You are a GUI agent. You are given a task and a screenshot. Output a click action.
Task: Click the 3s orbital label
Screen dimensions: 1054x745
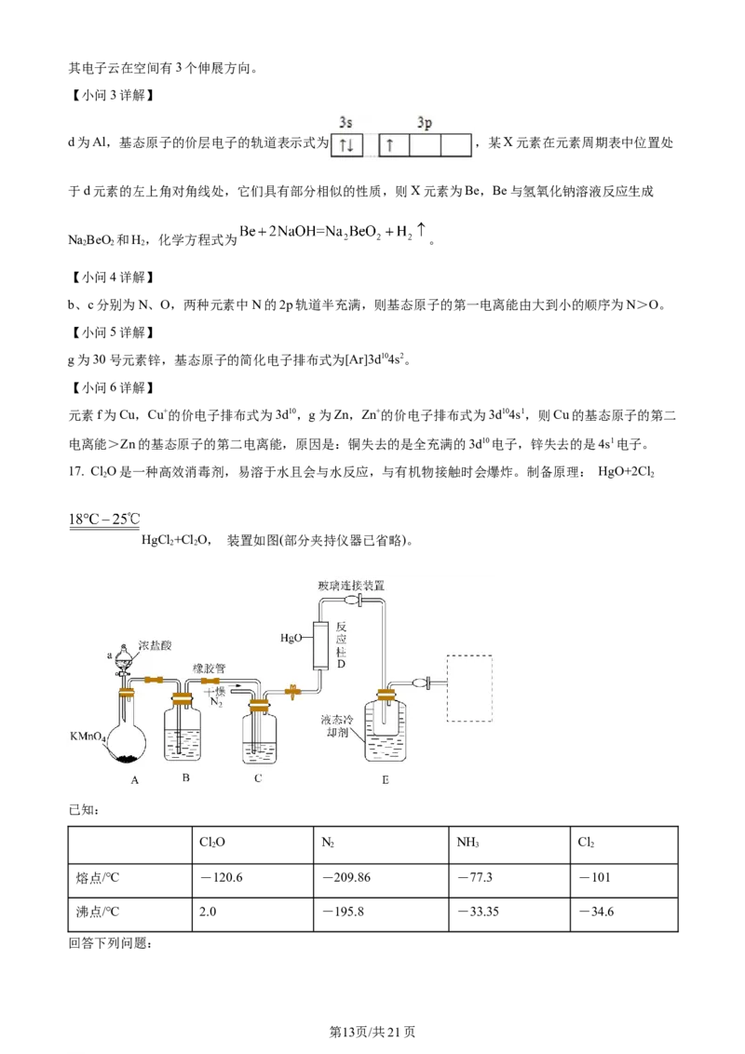point(345,123)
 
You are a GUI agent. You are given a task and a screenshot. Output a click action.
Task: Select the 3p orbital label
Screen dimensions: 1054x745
point(425,123)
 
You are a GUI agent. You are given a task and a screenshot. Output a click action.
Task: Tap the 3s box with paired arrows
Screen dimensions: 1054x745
point(346,145)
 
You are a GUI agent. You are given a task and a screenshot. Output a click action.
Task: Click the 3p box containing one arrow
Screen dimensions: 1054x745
point(393,145)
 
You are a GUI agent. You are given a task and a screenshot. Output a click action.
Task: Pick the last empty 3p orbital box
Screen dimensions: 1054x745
point(455,145)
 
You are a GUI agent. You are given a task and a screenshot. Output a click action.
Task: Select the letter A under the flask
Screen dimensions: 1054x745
point(134,780)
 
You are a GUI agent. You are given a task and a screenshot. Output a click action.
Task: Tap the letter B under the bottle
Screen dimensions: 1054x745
point(186,777)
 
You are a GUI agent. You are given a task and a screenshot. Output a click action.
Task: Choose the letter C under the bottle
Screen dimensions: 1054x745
point(258,777)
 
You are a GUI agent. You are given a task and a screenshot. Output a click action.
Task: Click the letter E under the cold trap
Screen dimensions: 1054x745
point(385,779)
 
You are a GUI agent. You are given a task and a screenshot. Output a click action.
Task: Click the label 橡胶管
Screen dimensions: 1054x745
point(209,669)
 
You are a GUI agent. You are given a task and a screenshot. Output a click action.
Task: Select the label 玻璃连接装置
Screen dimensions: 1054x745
point(349,585)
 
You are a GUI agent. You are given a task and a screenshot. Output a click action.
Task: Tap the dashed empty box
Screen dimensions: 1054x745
point(469,687)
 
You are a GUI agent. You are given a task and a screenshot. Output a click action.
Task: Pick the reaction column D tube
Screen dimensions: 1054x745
point(322,644)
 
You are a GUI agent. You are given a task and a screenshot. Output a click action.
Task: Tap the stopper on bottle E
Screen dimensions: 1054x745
point(385,694)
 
